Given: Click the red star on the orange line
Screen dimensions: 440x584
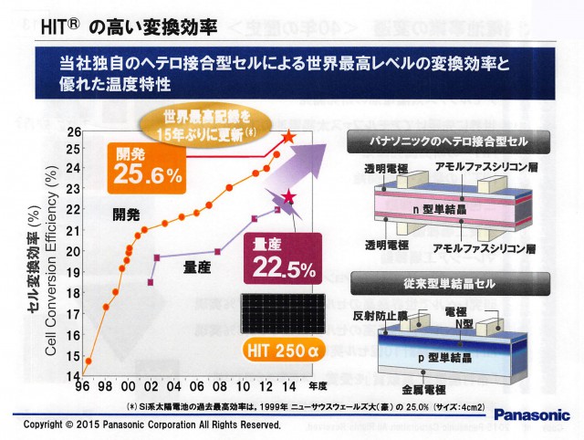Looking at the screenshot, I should coord(288,138).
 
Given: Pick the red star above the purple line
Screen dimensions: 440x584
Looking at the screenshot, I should coord(288,197).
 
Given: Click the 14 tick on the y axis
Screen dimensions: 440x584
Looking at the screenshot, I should coord(74,378).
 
